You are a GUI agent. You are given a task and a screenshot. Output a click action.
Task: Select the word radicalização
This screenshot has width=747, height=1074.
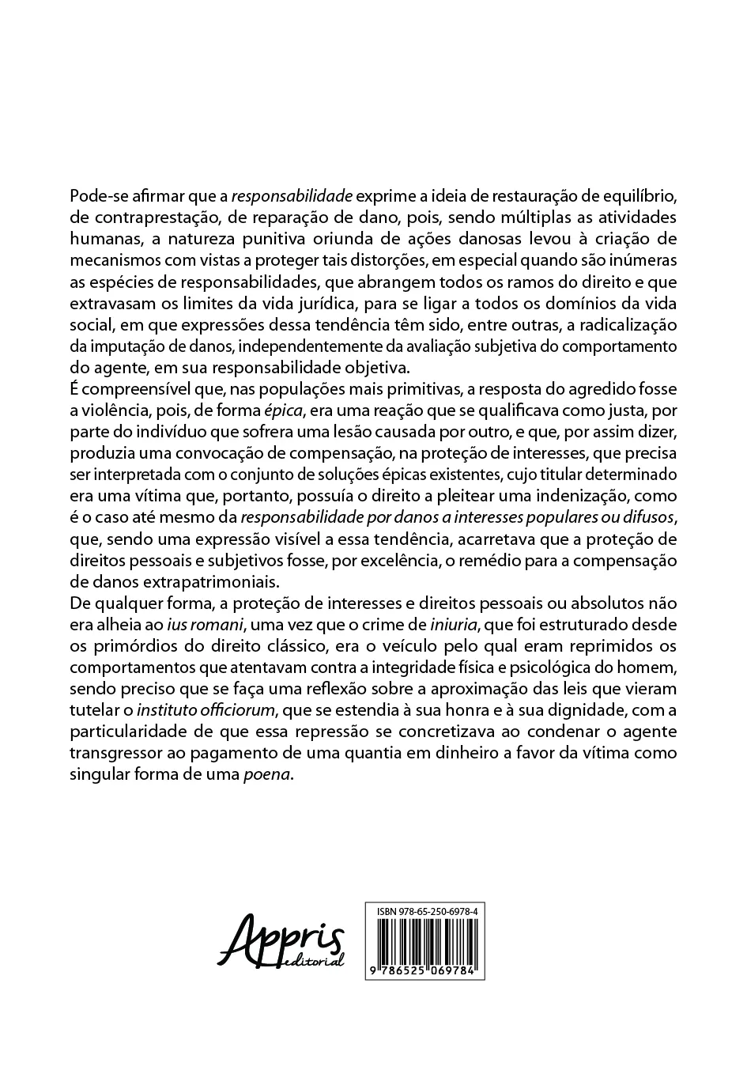[x=621, y=325]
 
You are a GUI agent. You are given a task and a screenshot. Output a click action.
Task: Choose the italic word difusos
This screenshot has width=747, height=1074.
[x=643, y=518]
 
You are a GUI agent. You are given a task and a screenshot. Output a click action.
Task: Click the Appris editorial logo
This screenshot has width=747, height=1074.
[x=282, y=941]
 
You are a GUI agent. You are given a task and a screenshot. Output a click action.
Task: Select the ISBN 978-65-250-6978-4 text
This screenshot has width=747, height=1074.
[x=424, y=912]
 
